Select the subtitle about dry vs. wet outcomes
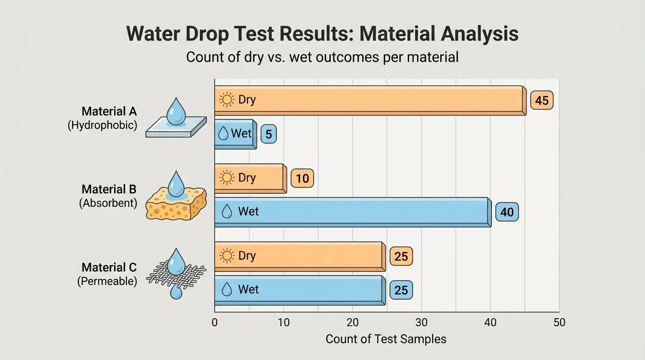[322, 57]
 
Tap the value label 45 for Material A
[542, 101]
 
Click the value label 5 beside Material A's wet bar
[269, 135]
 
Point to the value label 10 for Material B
[302, 179]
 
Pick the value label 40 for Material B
[507, 212]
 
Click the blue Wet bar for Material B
[352, 212]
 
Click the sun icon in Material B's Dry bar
[227, 178]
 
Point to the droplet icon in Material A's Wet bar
[224, 134]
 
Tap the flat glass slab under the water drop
[176, 127]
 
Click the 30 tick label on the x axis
[421, 322]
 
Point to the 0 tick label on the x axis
[215, 322]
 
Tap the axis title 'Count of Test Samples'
[386, 339]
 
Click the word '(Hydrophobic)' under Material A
[103, 126]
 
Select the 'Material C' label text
[109, 267]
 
